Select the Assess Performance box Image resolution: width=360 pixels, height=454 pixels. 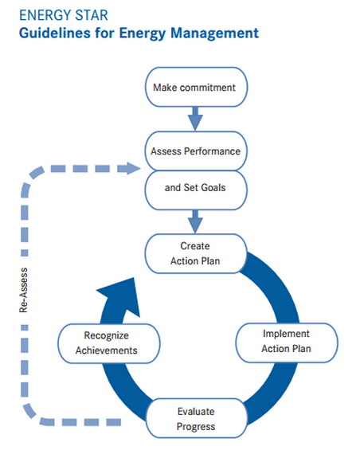point(194,149)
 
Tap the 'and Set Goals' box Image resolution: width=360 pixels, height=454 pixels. point(194,189)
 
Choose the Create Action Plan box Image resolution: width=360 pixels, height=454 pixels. point(194,252)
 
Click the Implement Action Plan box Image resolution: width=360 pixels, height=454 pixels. point(286,341)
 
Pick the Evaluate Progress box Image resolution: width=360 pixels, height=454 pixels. point(195,419)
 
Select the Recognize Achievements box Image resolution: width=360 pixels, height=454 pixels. point(106,342)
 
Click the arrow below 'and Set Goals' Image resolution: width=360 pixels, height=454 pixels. point(194,221)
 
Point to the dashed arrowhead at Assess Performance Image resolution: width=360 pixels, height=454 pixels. point(131,167)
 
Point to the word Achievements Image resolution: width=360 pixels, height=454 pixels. point(106,349)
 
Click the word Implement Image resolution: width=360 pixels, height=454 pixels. point(286,334)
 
